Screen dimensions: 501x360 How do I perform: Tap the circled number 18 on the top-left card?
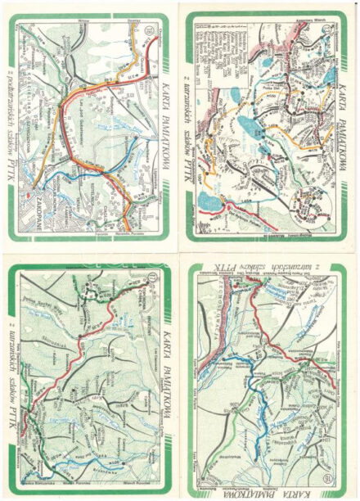pos(147,32)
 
